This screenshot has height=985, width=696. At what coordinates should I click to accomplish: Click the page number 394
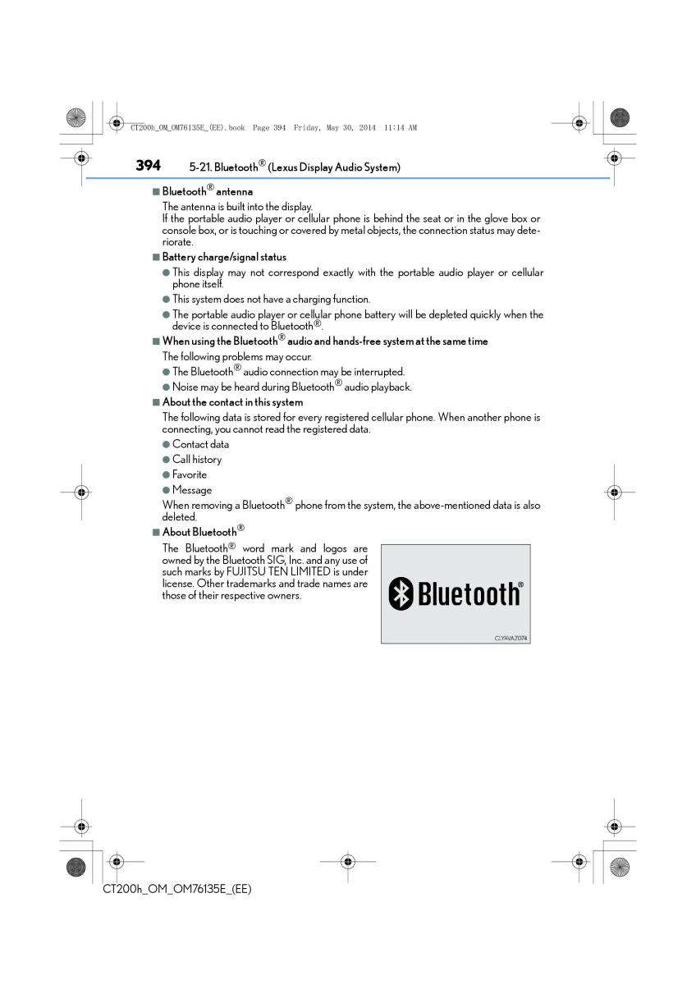(x=148, y=165)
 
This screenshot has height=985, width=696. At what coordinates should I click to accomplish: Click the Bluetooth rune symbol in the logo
(x=401, y=593)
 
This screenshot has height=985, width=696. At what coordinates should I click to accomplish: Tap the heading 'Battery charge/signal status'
(x=224, y=257)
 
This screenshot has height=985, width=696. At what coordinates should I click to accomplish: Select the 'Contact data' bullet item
(x=200, y=444)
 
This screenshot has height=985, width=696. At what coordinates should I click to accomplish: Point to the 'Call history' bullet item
(x=197, y=460)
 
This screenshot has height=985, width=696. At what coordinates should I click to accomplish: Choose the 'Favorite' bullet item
(x=190, y=474)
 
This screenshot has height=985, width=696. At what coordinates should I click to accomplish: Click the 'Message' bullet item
(x=192, y=490)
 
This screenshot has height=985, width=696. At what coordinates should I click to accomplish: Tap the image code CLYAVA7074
(x=511, y=637)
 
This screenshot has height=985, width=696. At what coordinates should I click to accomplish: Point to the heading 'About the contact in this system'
(x=232, y=402)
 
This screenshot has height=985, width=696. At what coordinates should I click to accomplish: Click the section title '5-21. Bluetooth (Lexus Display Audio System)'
(x=295, y=167)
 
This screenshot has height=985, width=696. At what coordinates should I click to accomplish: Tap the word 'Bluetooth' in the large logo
(x=468, y=593)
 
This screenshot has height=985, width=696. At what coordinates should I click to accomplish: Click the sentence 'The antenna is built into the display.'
(x=237, y=207)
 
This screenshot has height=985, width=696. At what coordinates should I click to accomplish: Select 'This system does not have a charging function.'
(x=271, y=300)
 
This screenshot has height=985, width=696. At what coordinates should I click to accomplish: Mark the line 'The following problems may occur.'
(x=236, y=357)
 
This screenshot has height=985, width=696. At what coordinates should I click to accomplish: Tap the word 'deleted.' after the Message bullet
(x=179, y=517)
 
